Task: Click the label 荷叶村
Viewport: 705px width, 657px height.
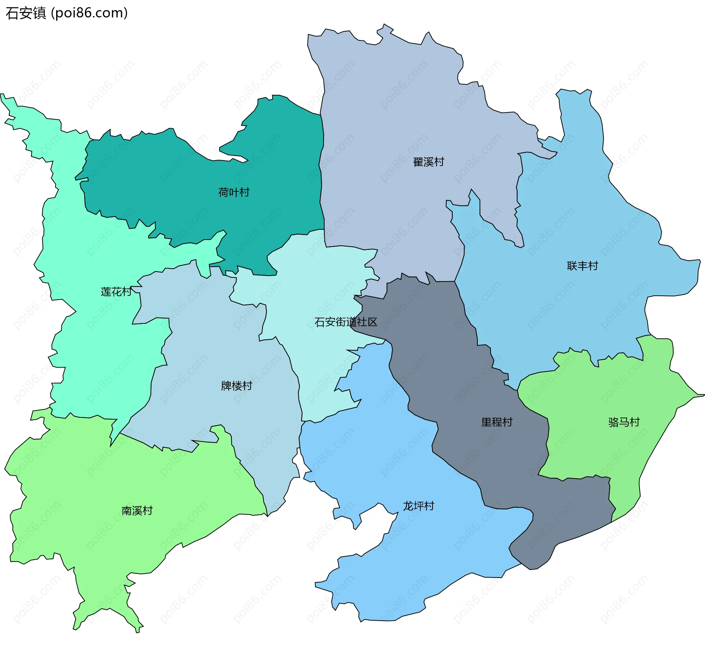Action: [x=234, y=192]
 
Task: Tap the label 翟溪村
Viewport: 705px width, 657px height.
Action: [x=428, y=162]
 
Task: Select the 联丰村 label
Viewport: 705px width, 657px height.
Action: [x=582, y=266]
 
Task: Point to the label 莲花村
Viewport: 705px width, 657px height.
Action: [x=116, y=292]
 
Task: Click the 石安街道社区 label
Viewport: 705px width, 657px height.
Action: [x=346, y=322]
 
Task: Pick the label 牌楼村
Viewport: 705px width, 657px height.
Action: [x=236, y=386]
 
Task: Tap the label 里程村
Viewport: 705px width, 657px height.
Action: [x=496, y=422]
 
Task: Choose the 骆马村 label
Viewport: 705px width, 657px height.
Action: [x=624, y=422]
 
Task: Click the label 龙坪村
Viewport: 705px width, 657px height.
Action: [x=418, y=506]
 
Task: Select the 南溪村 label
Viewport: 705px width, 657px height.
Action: [x=137, y=510]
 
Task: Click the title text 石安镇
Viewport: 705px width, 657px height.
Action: [x=26, y=13]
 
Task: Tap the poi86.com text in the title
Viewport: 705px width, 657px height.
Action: [x=89, y=13]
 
